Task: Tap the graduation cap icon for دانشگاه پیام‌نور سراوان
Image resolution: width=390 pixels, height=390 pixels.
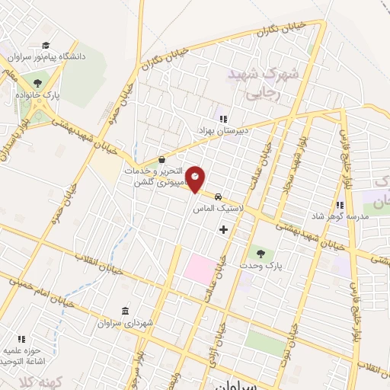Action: point(46,45)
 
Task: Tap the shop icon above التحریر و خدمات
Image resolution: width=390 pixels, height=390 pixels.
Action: point(161,160)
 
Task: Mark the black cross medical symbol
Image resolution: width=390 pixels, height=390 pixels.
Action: point(223,229)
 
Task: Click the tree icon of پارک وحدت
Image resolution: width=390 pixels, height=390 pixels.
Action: point(261,253)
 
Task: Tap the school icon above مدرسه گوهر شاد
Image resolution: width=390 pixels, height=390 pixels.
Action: point(340,205)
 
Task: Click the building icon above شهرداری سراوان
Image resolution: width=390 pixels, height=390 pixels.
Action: point(125,311)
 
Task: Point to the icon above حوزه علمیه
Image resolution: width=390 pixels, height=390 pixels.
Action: point(22,338)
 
